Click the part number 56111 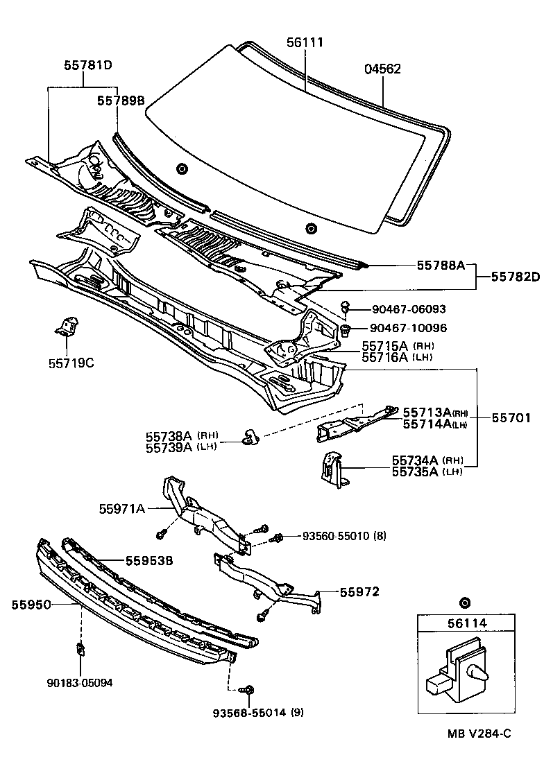coord(305,43)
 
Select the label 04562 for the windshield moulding coord(382,69)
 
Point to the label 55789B coord(121,101)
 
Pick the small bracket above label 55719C coord(67,325)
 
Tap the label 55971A coord(121,509)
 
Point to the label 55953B coord(148,561)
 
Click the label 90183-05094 coord(79,682)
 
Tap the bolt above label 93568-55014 coord(248,690)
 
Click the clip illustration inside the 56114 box coord(455,671)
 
